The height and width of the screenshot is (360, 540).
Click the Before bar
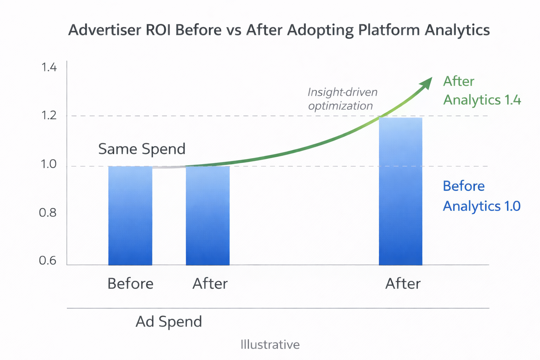tap(130, 216)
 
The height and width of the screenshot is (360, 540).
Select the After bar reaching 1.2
tap(400, 191)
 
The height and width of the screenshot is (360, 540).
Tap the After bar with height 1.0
tap(207, 216)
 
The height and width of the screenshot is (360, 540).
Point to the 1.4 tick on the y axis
tap(49, 67)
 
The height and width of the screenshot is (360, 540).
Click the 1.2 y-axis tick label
tap(49, 115)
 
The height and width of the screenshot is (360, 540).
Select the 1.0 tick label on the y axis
tap(49, 164)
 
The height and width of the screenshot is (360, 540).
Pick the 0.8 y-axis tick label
tap(48, 213)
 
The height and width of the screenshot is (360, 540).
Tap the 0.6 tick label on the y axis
tap(48, 261)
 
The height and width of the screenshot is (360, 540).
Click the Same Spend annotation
tap(142, 149)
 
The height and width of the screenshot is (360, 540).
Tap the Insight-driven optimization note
tap(342, 99)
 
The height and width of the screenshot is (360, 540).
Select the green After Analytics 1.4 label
tap(482, 91)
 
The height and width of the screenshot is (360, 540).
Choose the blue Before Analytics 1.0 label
tap(481, 196)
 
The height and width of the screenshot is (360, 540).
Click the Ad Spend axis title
tap(169, 322)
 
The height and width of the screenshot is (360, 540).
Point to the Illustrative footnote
tap(270, 345)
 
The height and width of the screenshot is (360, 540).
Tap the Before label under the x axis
tap(130, 284)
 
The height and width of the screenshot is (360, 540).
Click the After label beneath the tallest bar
tap(403, 284)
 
